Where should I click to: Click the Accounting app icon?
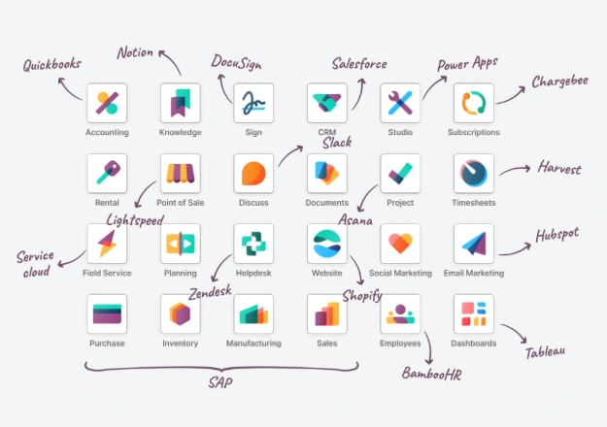pyautogui.click(x=107, y=103)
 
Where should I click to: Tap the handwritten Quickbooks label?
pyautogui.click(x=51, y=65)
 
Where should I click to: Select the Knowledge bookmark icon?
pyautogui.click(x=181, y=103)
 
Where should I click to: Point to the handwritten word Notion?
pyautogui.click(x=135, y=52)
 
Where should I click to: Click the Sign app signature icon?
pyautogui.click(x=253, y=103)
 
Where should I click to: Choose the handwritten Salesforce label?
pyautogui.click(x=359, y=64)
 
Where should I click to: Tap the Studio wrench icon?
pyautogui.click(x=400, y=103)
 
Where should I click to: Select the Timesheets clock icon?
pyautogui.click(x=474, y=174)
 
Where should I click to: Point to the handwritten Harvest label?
pyautogui.click(x=559, y=168)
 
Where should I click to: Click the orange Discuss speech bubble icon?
pyautogui.click(x=253, y=174)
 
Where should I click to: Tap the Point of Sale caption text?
pyautogui.click(x=180, y=203)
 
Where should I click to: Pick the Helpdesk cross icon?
pyautogui.click(x=253, y=244)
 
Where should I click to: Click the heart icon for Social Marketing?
pyautogui.click(x=400, y=244)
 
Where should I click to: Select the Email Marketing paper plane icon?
pyautogui.click(x=474, y=244)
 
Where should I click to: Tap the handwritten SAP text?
pyautogui.click(x=220, y=383)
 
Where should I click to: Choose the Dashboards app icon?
pyautogui.click(x=474, y=314)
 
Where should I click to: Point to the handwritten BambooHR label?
pyautogui.click(x=431, y=374)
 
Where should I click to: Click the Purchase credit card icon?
pyautogui.click(x=107, y=314)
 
